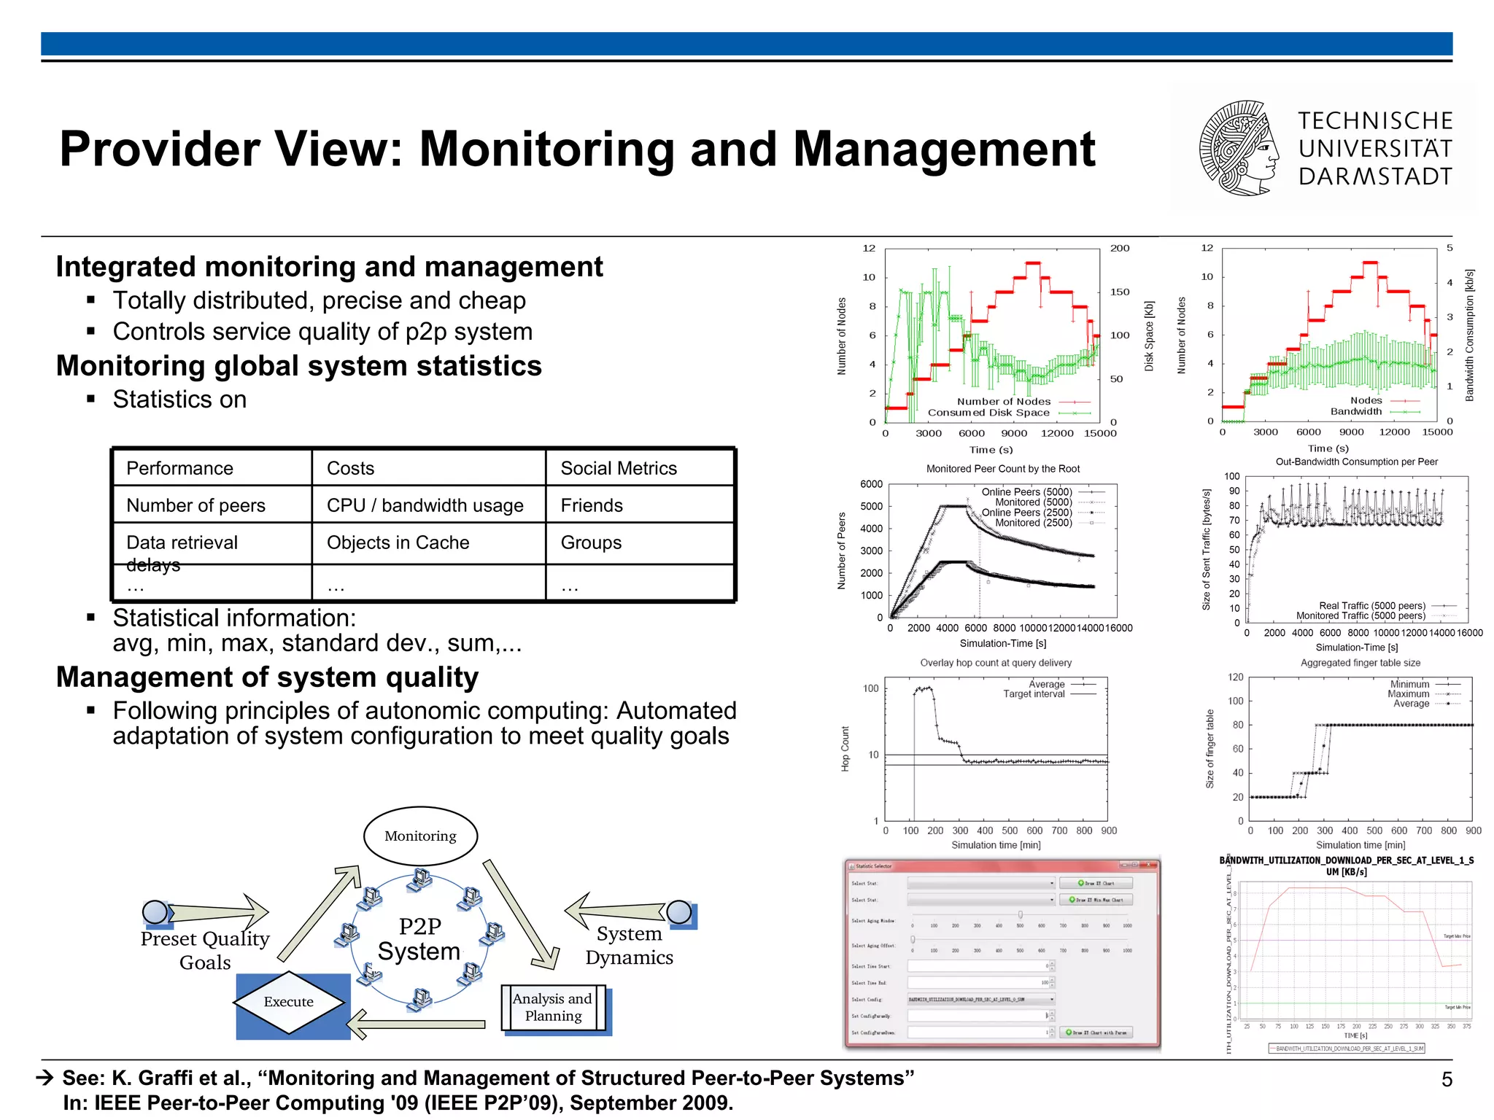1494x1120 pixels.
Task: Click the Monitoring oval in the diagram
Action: point(420,836)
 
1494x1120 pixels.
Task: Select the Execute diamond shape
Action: point(289,1002)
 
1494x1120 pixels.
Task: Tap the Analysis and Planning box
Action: point(553,1007)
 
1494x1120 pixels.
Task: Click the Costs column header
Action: point(350,468)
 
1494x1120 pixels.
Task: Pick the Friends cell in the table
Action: point(592,505)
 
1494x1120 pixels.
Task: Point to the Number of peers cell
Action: point(196,505)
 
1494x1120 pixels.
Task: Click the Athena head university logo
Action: point(1239,149)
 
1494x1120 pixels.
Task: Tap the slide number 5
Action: point(1447,1079)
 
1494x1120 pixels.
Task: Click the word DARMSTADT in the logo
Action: point(1375,176)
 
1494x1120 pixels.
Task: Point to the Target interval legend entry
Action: point(1034,694)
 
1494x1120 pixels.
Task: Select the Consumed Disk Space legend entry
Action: point(988,413)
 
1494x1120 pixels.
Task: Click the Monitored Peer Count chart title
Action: point(1002,469)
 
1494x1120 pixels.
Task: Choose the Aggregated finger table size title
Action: point(1360,663)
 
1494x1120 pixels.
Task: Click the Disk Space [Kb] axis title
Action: point(1149,336)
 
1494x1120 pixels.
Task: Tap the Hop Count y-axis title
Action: point(845,748)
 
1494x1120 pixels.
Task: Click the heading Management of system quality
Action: point(267,677)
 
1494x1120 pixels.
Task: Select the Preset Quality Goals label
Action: point(205,950)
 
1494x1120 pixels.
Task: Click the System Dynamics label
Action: point(629,945)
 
